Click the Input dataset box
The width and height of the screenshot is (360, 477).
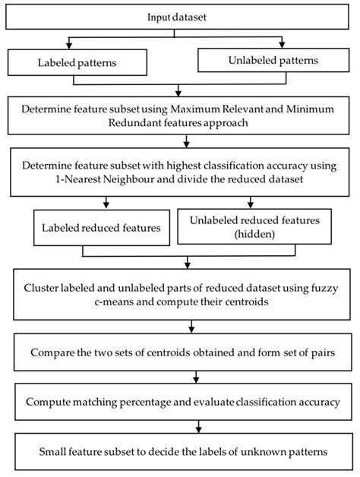click(180, 17)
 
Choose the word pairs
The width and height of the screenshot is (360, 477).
click(312, 353)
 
